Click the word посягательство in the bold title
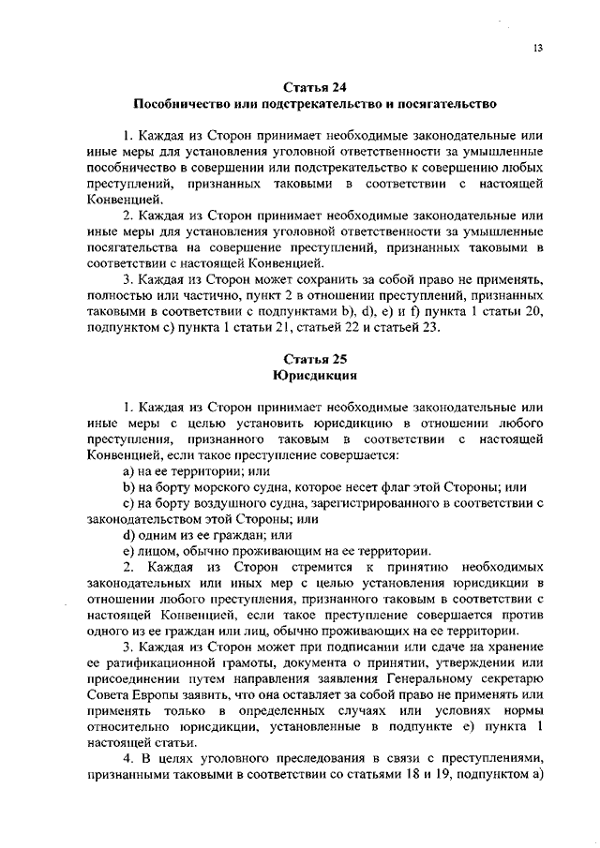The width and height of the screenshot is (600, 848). tap(442, 104)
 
